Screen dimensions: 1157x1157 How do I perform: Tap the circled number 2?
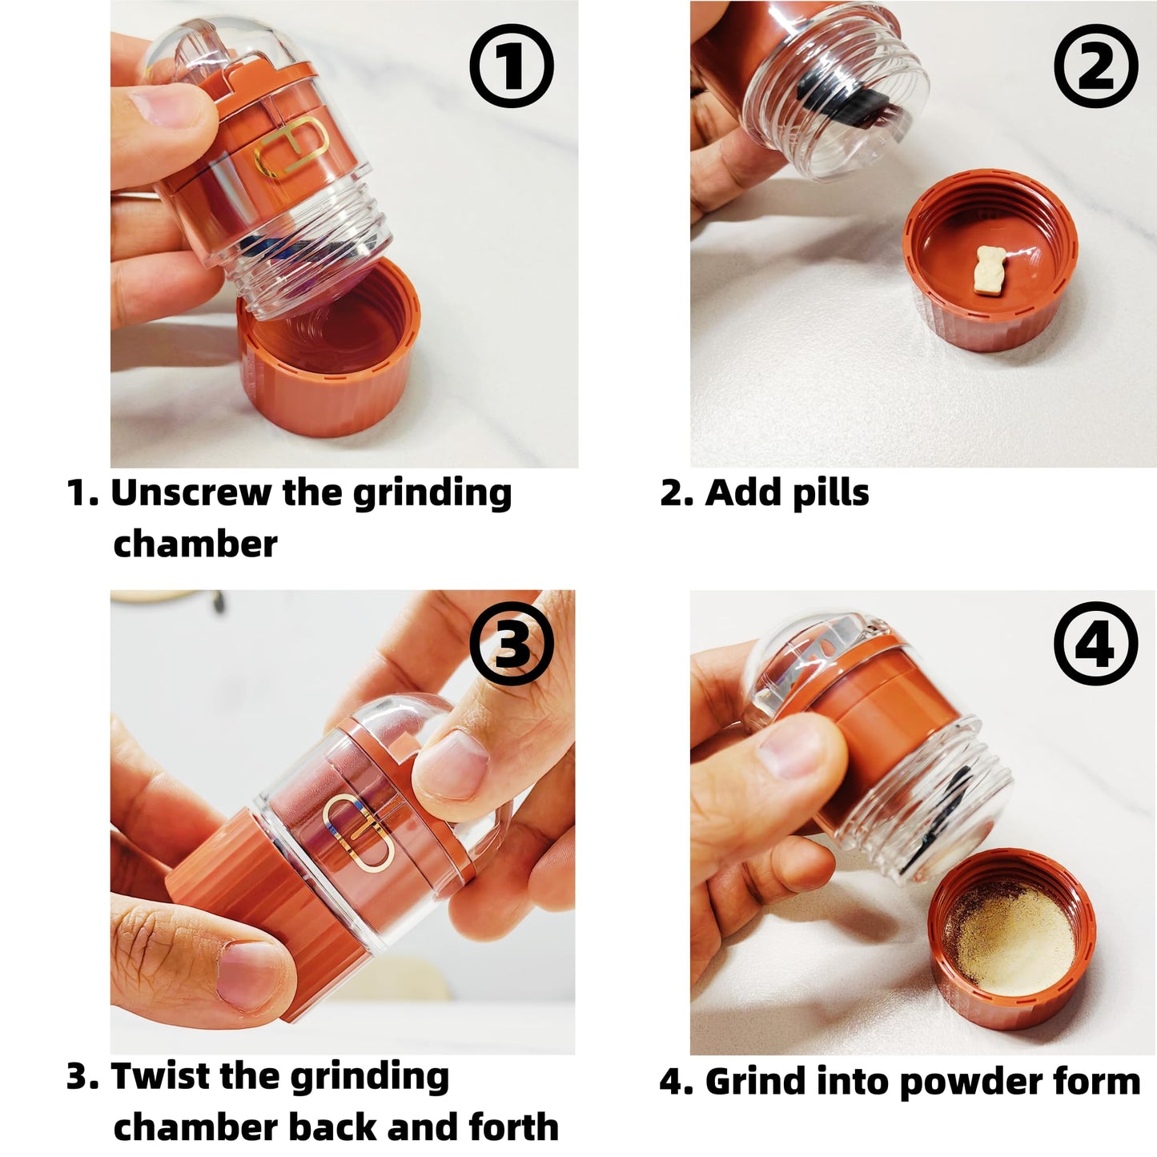click(1096, 66)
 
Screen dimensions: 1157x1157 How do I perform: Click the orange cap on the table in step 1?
click(327, 354)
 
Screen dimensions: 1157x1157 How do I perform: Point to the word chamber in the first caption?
click(195, 544)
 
